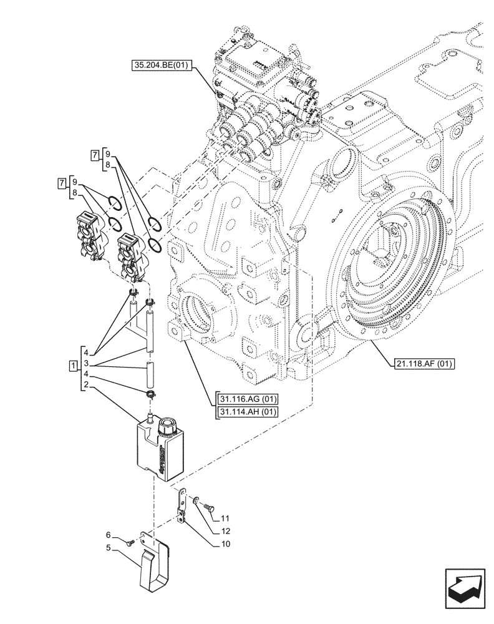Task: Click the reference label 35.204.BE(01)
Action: coord(163,64)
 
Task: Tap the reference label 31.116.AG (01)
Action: coord(248,400)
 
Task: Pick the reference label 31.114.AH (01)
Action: coord(248,412)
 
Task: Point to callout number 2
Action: coord(86,387)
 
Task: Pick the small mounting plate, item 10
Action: coord(181,505)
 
